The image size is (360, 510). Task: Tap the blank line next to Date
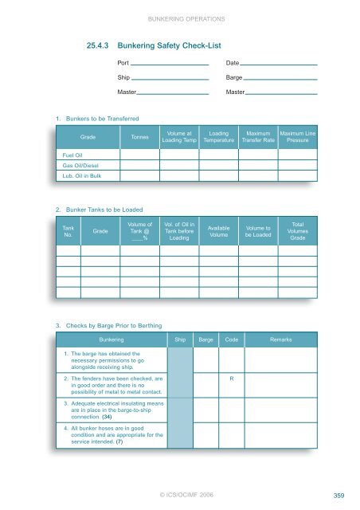coord(279,64)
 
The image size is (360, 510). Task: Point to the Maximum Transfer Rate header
coord(259,138)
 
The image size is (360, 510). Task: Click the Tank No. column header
coord(68,232)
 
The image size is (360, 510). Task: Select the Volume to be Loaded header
coord(259,232)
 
